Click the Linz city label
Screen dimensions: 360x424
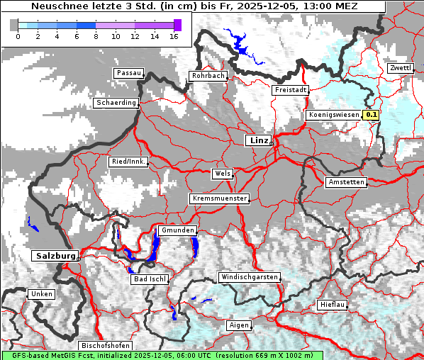(x=258, y=140)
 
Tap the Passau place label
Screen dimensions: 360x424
(x=128, y=73)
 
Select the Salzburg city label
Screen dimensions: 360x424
(x=54, y=255)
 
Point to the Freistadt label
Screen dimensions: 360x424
(x=290, y=90)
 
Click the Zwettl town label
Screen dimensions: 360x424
(x=400, y=68)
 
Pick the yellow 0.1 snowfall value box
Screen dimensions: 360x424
(x=372, y=114)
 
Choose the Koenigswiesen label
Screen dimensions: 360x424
(x=334, y=114)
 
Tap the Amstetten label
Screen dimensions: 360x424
(x=346, y=182)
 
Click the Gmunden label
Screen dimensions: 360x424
(x=177, y=230)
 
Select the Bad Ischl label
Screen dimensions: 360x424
(x=150, y=279)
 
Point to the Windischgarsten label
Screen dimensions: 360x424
(x=249, y=277)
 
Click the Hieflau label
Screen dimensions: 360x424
(x=332, y=304)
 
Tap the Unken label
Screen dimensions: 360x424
(x=40, y=293)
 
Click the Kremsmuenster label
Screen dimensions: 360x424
(x=219, y=198)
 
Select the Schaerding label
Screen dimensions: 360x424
(x=116, y=103)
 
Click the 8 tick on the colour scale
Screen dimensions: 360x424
(x=96, y=36)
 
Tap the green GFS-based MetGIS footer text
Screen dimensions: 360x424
(x=162, y=354)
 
